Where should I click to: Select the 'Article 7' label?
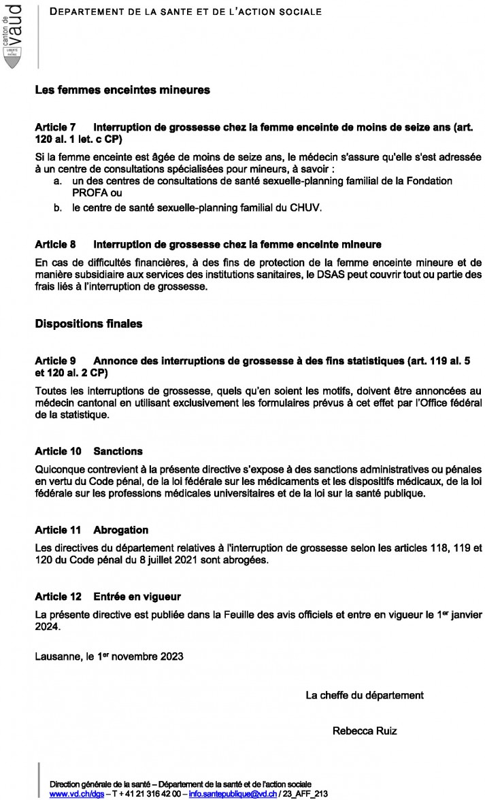point(55,127)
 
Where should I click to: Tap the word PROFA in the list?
point(88,193)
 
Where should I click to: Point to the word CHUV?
point(306,208)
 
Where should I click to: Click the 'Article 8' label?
point(55,244)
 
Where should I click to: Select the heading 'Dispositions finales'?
point(88,324)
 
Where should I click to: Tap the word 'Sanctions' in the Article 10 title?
point(118,451)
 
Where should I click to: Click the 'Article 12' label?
point(58,597)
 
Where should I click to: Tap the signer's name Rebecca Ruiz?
point(365,731)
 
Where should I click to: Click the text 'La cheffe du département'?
point(365,695)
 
